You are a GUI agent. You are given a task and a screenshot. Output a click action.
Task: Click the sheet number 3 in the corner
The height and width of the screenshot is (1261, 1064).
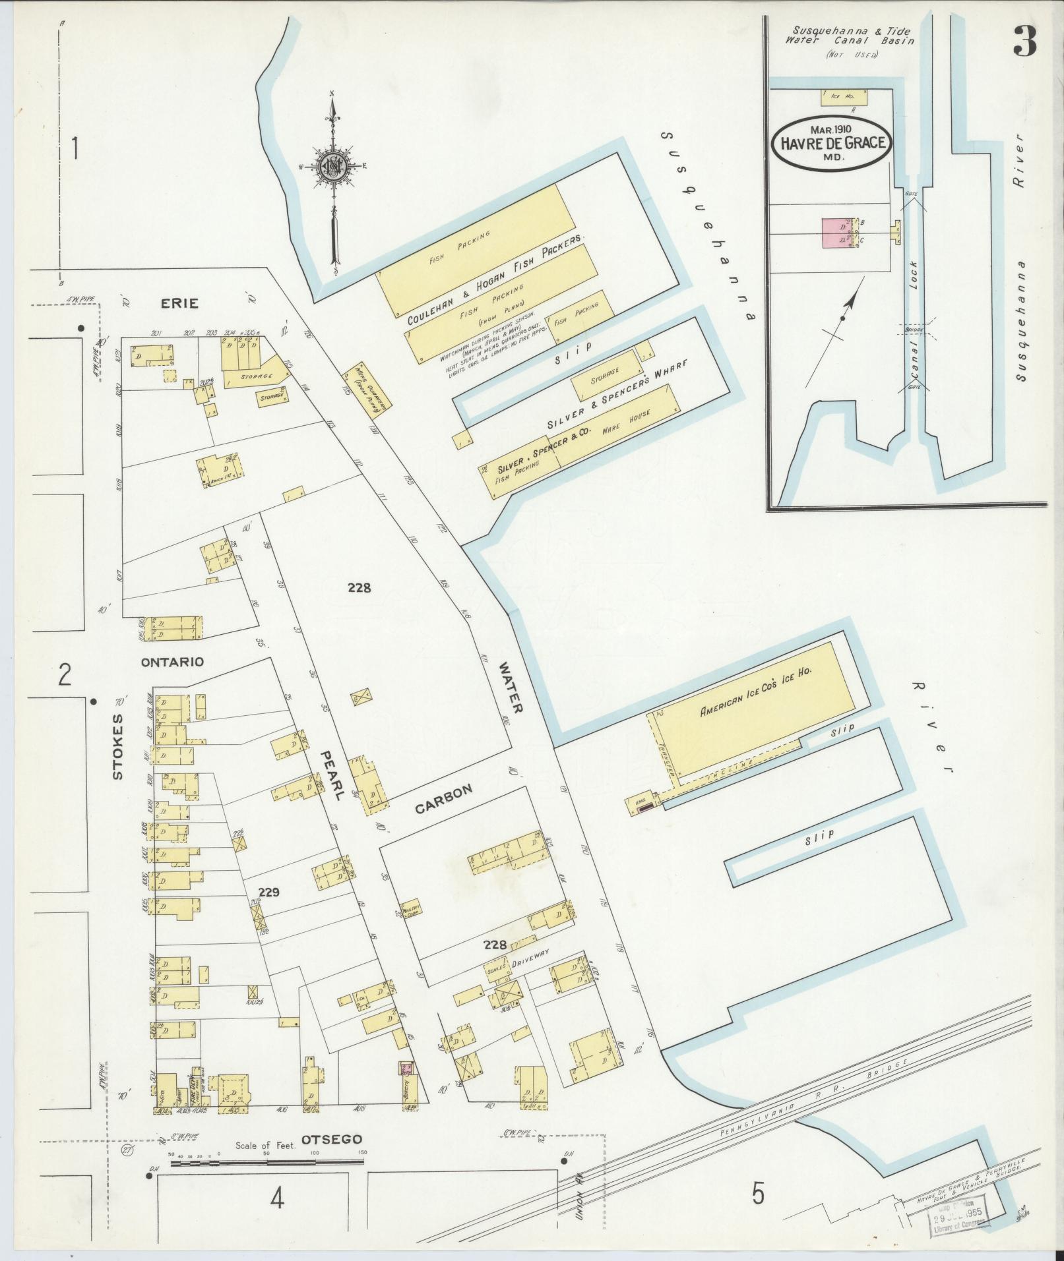pos(1024,42)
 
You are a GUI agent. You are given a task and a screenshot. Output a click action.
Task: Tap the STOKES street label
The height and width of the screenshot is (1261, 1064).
pos(118,747)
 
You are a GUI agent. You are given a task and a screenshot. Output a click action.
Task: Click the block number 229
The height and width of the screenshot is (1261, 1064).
pos(270,893)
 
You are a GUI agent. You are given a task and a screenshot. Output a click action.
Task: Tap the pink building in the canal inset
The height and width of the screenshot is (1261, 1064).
pos(835,233)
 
